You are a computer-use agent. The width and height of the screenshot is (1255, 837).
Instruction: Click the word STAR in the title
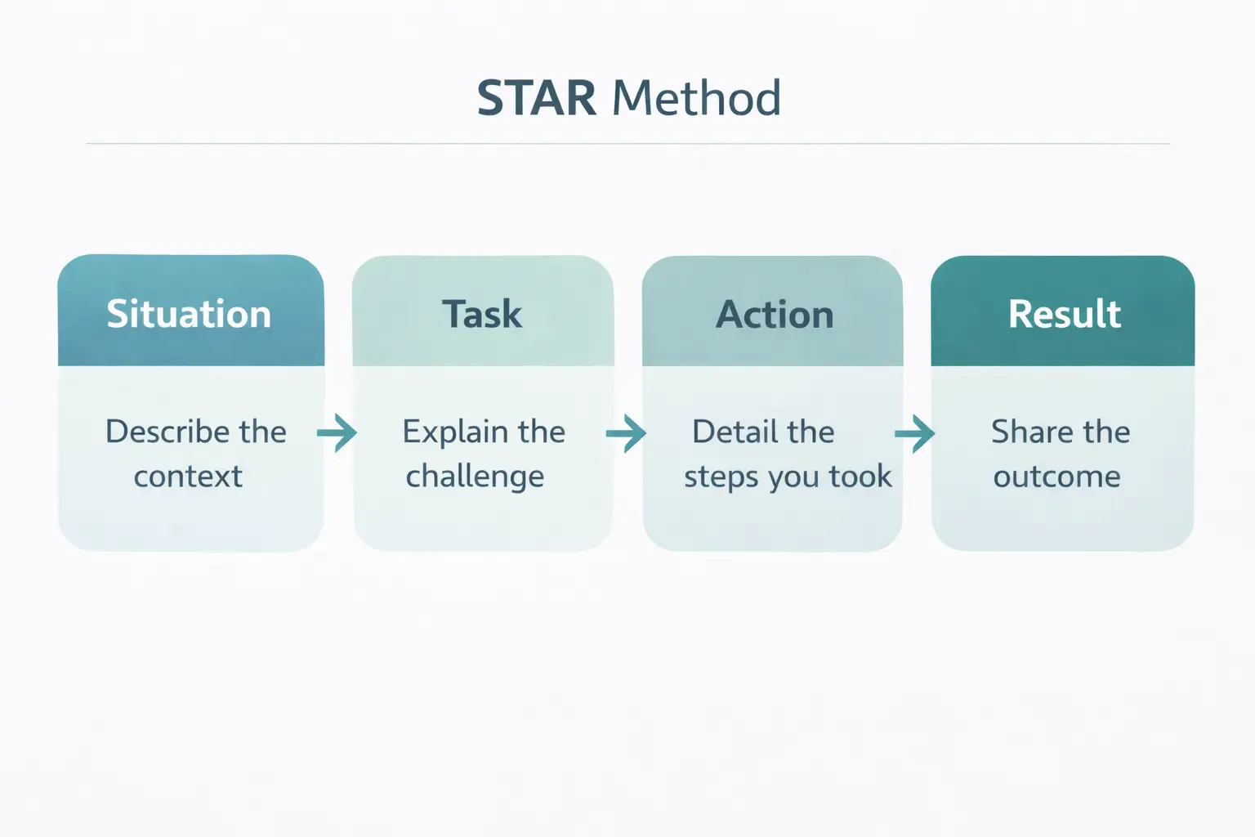(x=536, y=98)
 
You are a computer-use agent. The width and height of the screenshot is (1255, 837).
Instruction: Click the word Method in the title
(x=696, y=98)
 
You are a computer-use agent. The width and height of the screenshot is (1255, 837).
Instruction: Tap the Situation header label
(x=189, y=314)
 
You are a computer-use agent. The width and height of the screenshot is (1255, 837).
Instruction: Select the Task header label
(x=482, y=314)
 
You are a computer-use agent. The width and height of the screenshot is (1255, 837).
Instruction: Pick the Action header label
(x=775, y=315)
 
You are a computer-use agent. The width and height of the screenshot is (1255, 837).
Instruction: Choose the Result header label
(x=1065, y=314)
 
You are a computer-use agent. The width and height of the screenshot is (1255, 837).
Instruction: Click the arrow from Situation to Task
(x=337, y=432)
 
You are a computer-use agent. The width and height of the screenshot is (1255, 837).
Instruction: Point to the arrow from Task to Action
(x=626, y=432)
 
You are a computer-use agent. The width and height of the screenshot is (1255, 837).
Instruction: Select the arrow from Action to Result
(x=915, y=433)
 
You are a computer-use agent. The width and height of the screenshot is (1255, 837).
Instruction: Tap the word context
(x=188, y=476)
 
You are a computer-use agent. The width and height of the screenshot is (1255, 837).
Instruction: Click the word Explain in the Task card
(x=455, y=432)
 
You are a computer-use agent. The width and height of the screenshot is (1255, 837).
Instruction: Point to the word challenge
(x=475, y=477)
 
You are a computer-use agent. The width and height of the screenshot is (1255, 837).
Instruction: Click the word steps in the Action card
(x=714, y=477)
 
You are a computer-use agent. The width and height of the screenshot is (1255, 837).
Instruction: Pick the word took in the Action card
(x=860, y=476)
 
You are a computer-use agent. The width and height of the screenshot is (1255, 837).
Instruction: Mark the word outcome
(x=1056, y=476)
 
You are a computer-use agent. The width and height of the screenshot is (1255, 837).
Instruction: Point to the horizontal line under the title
(x=627, y=144)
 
